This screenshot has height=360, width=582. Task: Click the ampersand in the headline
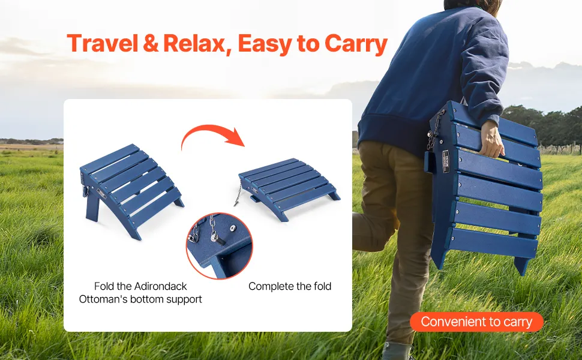coord(151,43)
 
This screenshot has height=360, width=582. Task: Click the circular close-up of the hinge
coord(220,245)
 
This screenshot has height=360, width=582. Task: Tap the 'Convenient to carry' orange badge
coord(476,322)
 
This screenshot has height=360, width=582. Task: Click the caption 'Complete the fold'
coord(290,286)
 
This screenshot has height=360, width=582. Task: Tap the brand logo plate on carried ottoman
coord(445,161)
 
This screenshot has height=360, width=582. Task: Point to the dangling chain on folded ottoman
coord(238,196)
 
